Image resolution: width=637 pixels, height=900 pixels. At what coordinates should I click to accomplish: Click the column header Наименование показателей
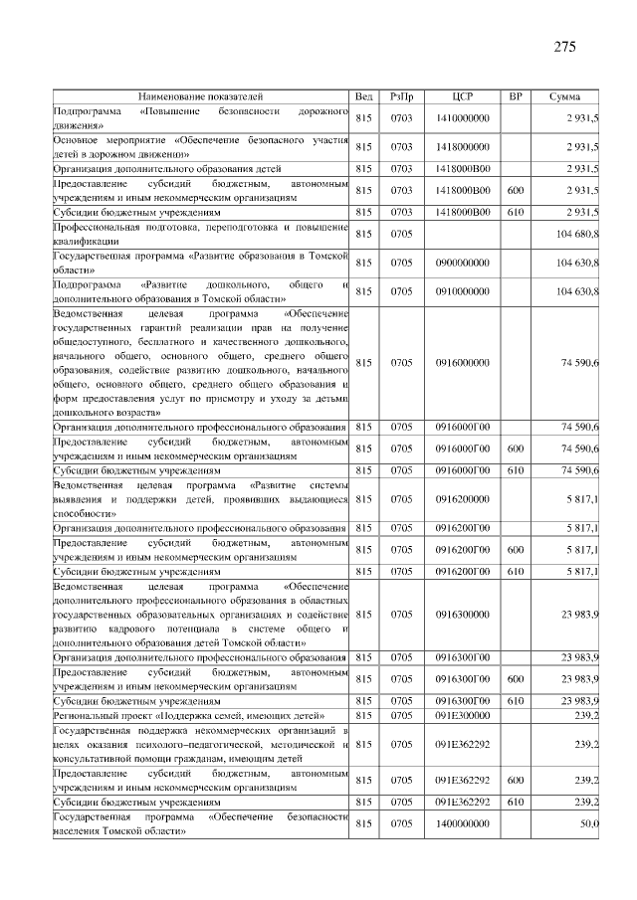(x=201, y=96)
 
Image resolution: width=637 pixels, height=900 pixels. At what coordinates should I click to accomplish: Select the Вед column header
(x=364, y=96)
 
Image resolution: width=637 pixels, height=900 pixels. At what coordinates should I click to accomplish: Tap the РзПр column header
(x=402, y=96)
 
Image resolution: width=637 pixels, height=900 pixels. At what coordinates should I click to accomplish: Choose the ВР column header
(x=516, y=96)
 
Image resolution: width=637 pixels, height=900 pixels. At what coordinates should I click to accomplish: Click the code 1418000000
(x=463, y=147)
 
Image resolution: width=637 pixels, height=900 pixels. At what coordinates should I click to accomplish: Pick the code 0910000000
(x=463, y=291)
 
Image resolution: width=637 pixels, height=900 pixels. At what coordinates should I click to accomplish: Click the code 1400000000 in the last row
(x=463, y=823)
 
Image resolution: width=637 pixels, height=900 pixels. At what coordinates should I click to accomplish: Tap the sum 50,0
(x=588, y=823)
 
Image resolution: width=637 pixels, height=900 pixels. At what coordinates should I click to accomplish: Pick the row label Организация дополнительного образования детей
(x=168, y=169)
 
